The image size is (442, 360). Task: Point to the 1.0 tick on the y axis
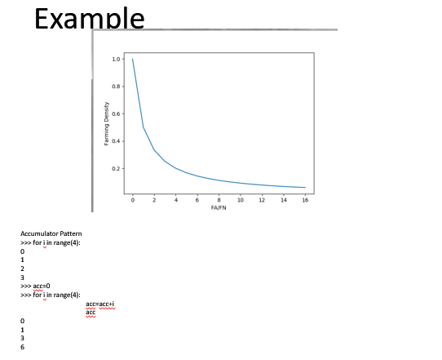[117, 60]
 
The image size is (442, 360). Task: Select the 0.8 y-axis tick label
[117, 87]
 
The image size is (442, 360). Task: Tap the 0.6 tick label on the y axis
[117, 113]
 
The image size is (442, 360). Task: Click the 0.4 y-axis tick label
[117, 141]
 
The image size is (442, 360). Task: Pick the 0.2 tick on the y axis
[117, 168]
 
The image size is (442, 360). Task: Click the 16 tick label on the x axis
[305, 200]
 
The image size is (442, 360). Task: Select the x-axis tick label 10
[240, 200]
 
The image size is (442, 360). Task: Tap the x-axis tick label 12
[262, 200]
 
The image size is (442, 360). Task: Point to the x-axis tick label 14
[283, 200]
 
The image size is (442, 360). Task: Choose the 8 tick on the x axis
[219, 200]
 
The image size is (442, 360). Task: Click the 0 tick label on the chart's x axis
[132, 200]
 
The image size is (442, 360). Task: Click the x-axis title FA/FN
[219, 207]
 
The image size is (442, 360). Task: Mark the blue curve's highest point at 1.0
[132, 59]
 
